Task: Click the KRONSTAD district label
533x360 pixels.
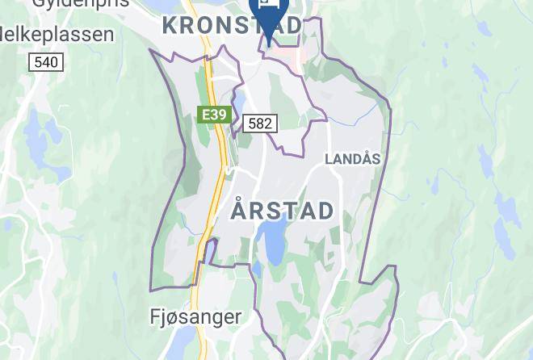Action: (232, 25)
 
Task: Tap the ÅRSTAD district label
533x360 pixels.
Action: (282, 211)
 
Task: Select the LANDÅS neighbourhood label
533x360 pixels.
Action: (352, 159)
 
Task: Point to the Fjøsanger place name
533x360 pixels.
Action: (196, 317)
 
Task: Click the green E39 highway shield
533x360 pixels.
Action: (213, 115)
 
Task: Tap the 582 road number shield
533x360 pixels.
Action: (260, 123)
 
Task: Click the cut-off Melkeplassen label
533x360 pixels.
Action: (55, 34)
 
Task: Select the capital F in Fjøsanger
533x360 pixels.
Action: (157, 317)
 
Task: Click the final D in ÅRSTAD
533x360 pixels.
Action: (325, 211)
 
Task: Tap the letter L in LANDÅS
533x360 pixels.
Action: (329, 159)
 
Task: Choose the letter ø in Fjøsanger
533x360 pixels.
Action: (174, 318)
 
